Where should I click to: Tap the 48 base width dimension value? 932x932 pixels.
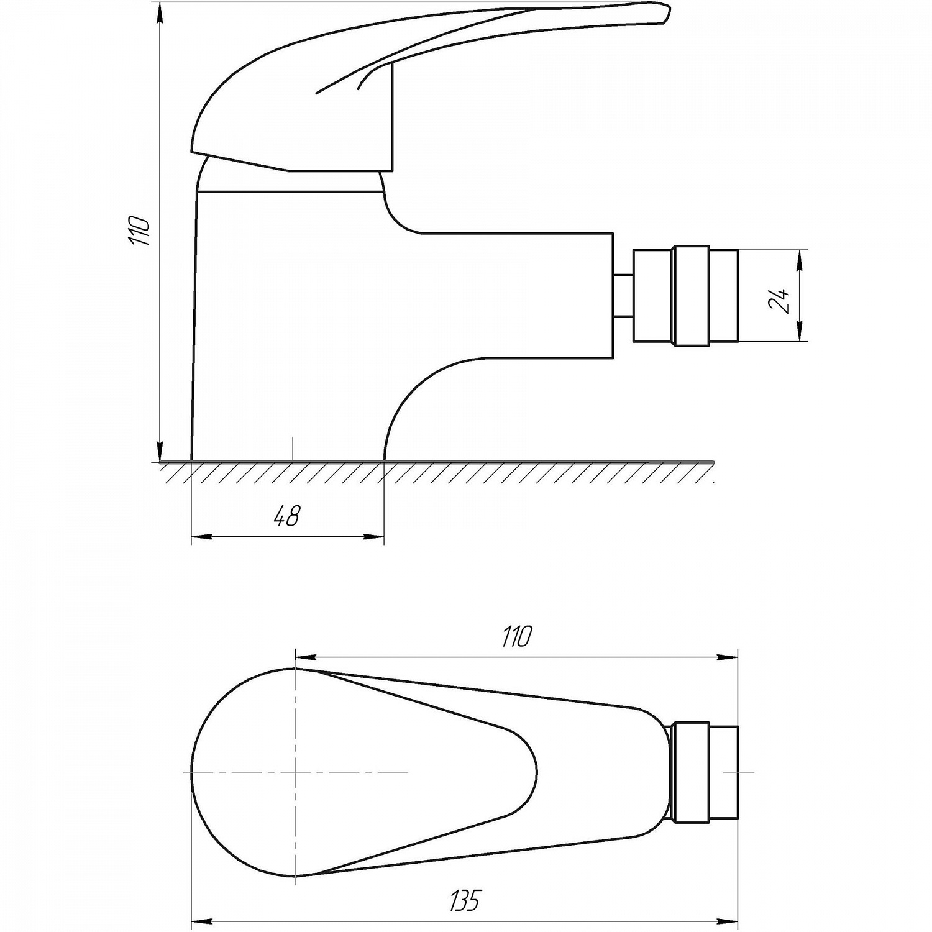pyautogui.click(x=287, y=516)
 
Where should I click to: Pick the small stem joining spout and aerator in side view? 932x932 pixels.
pyautogui.click(x=623, y=295)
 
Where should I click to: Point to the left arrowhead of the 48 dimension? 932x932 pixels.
pyautogui.click(x=200, y=536)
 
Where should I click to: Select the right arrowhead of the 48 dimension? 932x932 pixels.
pyautogui.click(x=374, y=536)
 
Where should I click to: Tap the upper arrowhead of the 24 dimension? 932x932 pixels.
pyautogui.click(x=800, y=259)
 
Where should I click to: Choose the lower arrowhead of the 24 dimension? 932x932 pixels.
pyautogui.click(x=800, y=331)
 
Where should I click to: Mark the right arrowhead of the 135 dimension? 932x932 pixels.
pyautogui.click(x=728, y=921)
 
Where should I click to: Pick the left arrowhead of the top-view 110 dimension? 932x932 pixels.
pyautogui.click(x=304, y=657)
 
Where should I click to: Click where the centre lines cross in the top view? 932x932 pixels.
pyautogui.click(x=295, y=772)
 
